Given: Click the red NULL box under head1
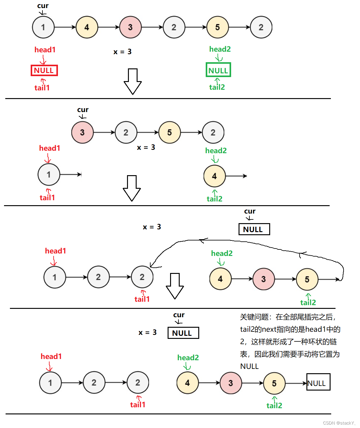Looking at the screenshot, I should point(44,71).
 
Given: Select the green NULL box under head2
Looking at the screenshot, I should point(218,70).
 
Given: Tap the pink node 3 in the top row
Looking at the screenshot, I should point(130,27).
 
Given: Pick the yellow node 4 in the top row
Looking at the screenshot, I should point(87,27).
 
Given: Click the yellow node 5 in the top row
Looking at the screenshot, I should point(217,27).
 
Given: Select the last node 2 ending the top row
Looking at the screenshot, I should point(261,27).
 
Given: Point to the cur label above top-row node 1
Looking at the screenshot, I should point(43,6).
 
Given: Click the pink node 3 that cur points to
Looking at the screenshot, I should point(82,132).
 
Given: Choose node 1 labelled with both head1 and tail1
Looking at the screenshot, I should point(49,175).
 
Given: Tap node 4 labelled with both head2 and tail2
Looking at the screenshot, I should point(214,176).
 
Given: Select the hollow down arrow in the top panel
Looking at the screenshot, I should point(133,81).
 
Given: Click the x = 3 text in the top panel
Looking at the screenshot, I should point(122,52).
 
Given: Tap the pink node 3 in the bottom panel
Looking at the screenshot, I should point(230,383).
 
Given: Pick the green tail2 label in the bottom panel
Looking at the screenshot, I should point(274,405).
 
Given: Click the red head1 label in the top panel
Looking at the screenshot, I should point(45,50).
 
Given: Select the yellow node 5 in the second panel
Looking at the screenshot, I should point(169,132).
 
